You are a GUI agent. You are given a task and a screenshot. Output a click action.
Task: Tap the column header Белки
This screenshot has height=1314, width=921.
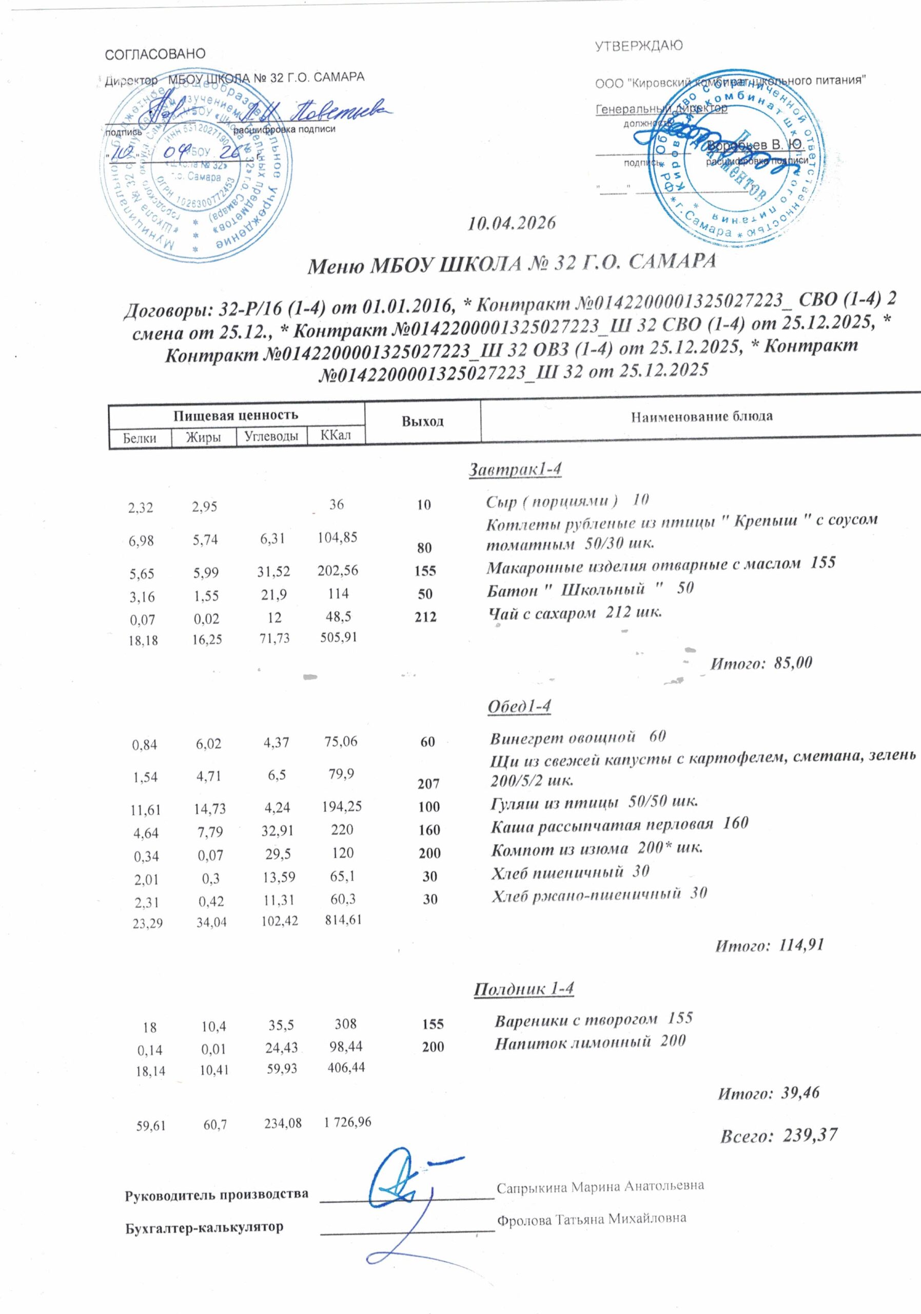[x=140, y=438]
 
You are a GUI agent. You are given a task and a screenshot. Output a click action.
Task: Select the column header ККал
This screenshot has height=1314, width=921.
[x=336, y=436]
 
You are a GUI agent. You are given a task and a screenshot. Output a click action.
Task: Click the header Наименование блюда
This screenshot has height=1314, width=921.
[x=701, y=417]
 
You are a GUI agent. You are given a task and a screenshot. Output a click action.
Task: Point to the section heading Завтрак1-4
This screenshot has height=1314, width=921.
[x=516, y=469]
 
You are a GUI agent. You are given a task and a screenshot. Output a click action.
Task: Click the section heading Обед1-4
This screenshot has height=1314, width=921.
[x=519, y=707]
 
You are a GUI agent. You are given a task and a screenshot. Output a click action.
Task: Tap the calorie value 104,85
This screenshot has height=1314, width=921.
[x=338, y=537]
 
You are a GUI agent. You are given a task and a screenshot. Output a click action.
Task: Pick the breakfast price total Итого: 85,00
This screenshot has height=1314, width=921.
[x=761, y=663]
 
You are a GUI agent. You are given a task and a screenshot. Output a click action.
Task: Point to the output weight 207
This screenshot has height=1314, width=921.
[x=428, y=784]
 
